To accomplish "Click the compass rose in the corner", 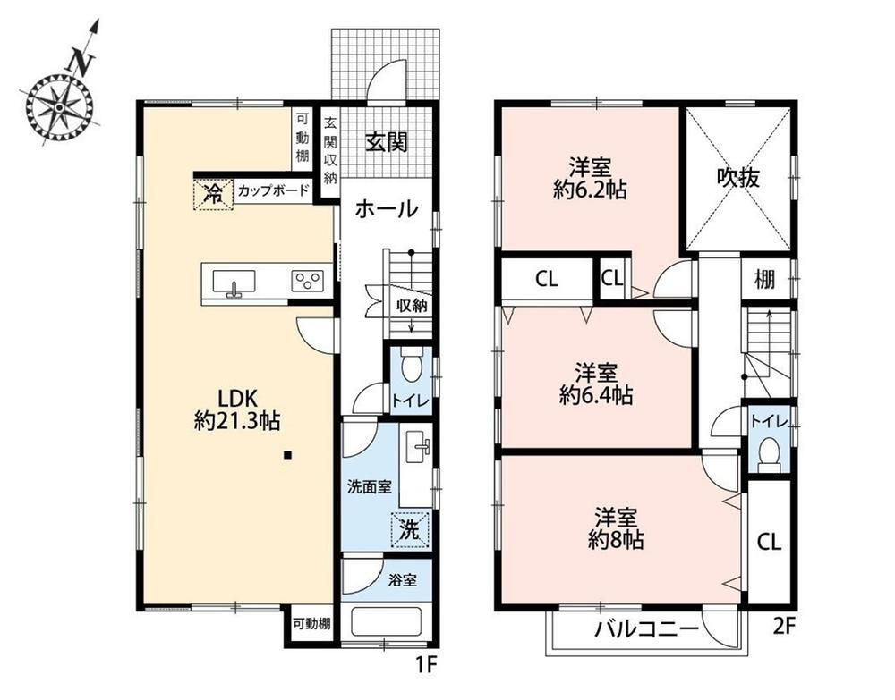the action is coord(59,107).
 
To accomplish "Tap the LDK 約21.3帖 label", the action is coord(236,409).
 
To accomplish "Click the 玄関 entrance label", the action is coord(387,142).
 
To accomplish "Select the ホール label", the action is coord(387,209).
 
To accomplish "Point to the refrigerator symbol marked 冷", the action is coord(213,194).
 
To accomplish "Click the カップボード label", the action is coord(273,190).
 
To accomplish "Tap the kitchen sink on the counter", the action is coord(234,283).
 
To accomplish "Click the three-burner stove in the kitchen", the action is coord(308,281).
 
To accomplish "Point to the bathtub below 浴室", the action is coord(387,621).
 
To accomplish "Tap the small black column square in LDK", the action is coord(288,455).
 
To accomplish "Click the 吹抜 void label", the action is coord(738,178).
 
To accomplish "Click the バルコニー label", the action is coord(647,629).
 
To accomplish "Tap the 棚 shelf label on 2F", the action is coord(765,279).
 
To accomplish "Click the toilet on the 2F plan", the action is coord(770,454).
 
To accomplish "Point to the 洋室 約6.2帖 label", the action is coord(590,179).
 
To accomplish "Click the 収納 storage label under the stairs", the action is coord(412,306).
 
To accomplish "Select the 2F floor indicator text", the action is coord(784,627).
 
